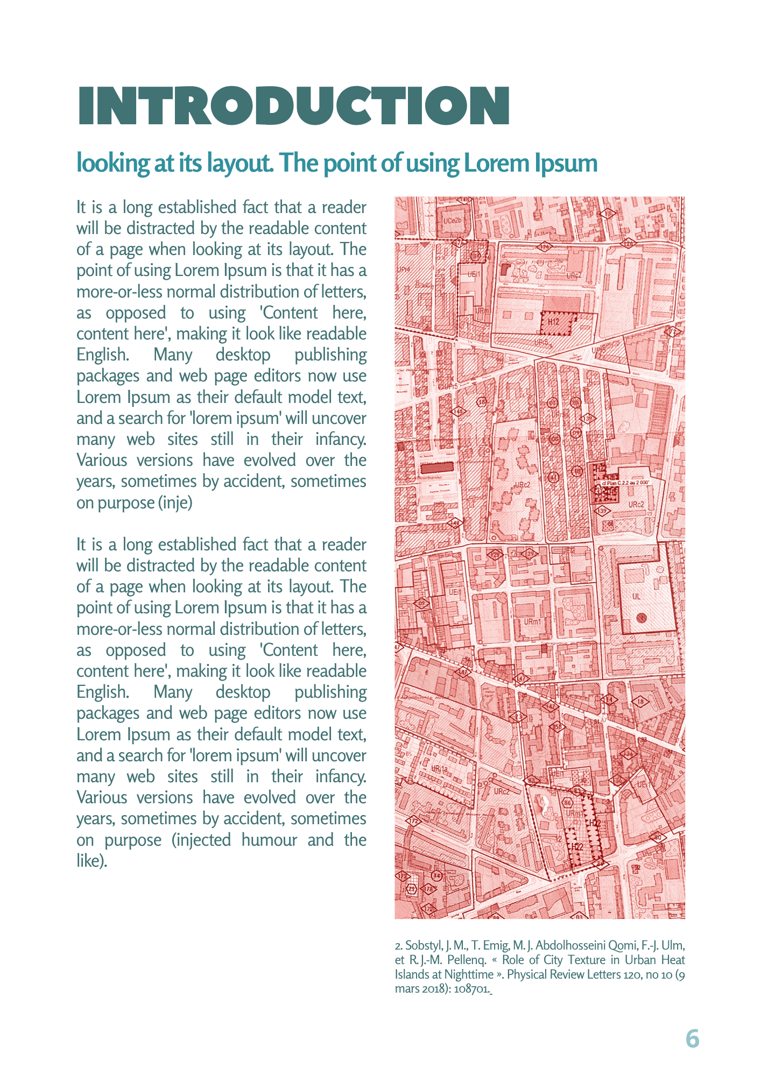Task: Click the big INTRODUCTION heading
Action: click(x=294, y=106)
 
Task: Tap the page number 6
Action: click(x=692, y=1038)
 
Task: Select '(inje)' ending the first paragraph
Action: click(x=176, y=502)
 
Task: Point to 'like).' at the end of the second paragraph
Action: click(x=92, y=861)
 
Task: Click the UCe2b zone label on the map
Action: click(x=453, y=221)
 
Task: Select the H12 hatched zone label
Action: click(x=554, y=322)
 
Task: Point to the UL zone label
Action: click(x=637, y=596)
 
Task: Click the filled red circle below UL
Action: click(x=641, y=618)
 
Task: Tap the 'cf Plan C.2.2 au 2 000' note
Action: click(x=626, y=483)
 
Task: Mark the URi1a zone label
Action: click(x=440, y=769)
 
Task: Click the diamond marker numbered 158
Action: click(x=558, y=727)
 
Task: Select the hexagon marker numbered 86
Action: click(x=567, y=803)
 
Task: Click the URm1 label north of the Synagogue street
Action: click(x=532, y=621)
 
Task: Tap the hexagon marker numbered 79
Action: click(x=412, y=888)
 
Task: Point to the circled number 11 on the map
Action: click(x=554, y=477)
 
